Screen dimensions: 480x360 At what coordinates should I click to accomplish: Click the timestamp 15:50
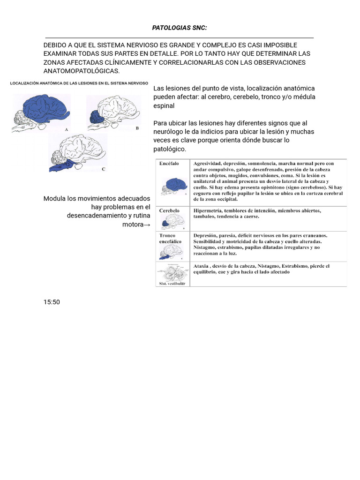[52, 302]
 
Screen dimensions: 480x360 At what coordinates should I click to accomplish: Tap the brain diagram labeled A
[41, 112]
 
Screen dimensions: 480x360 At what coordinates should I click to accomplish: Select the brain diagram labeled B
[112, 112]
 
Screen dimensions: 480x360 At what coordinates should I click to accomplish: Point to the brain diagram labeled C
[77, 152]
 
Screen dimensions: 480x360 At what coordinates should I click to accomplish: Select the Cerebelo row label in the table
[169, 211]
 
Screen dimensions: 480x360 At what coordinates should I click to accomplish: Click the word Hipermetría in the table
[210, 211]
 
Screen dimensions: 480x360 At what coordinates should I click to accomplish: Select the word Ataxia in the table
[202, 266]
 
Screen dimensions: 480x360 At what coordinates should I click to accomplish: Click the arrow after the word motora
[147, 225]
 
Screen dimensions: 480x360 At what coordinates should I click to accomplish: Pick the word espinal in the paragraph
[164, 106]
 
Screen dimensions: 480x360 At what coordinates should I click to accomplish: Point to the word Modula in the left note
[55, 198]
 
